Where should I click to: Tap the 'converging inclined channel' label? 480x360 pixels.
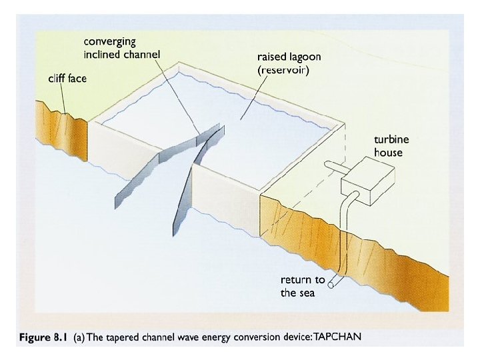pos(122,47)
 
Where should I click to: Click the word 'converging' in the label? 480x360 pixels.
pos(109,41)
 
